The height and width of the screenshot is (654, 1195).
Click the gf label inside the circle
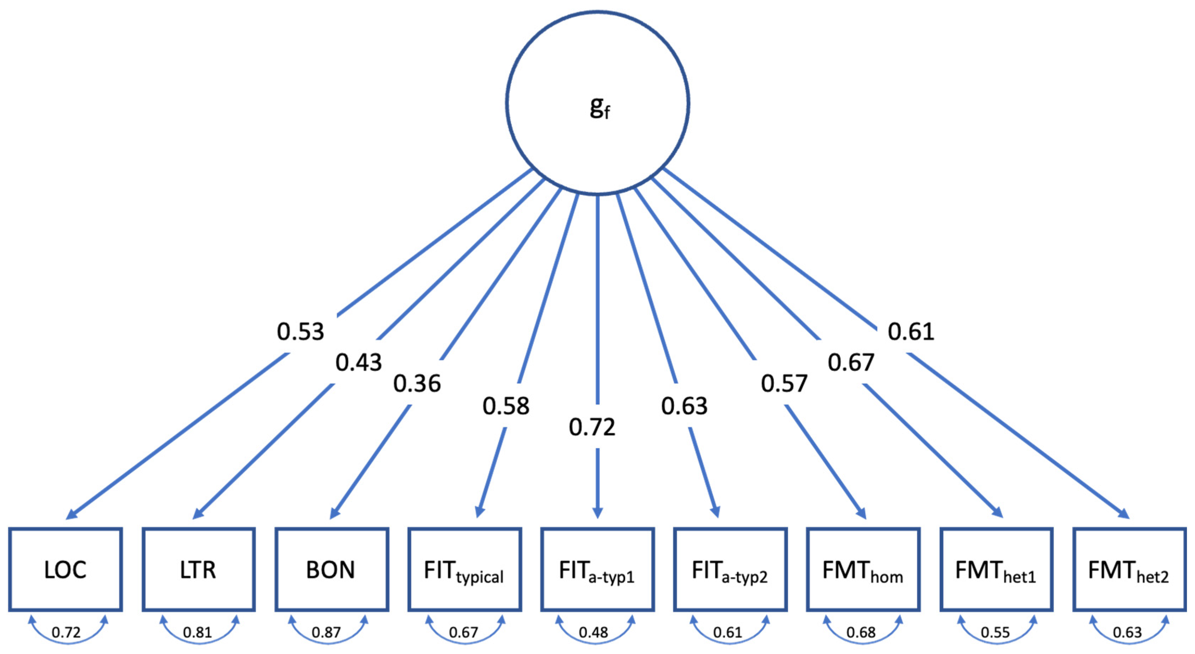(599, 108)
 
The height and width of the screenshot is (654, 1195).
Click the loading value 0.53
(300, 331)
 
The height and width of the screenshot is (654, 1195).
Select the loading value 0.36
(417, 384)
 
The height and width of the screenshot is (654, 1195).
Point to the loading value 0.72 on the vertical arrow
(592, 427)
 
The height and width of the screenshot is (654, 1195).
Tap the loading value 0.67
(851, 362)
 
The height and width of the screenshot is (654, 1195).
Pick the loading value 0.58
(506, 406)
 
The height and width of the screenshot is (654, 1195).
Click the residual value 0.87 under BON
(326, 632)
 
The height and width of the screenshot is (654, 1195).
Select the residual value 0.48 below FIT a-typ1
(593, 632)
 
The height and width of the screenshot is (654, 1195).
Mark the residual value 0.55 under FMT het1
(995, 632)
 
